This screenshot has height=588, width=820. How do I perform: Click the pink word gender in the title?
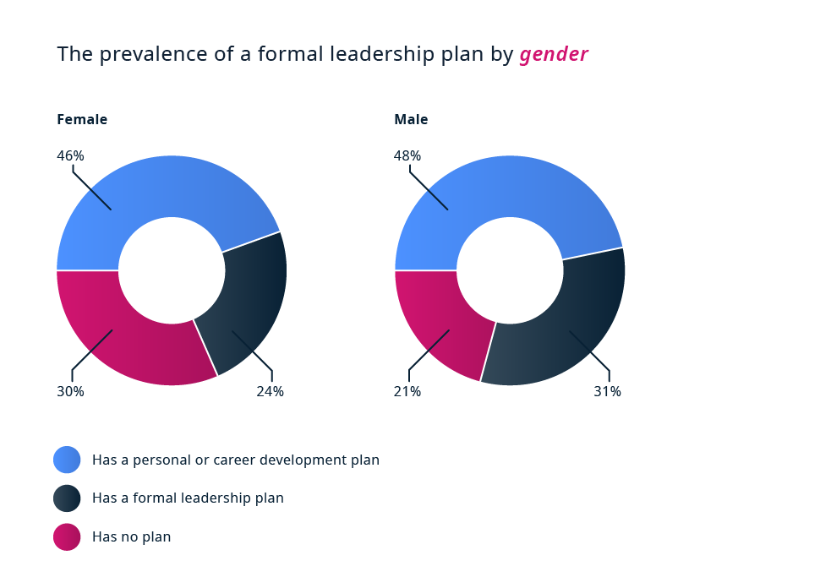[x=554, y=55]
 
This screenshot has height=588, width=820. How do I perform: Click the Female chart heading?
[x=82, y=120]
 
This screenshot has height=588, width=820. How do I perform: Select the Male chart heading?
[x=411, y=120]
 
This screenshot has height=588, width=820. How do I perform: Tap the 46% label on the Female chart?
[x=71, y=155]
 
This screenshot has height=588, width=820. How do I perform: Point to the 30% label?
[x=71, y=391]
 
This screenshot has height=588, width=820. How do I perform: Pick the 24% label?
[x=270, y=391]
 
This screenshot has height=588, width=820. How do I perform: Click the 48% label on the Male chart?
[x=407, y=155]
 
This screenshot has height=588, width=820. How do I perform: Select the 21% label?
[x=407, y=391]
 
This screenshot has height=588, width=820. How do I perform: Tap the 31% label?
[x=607, y=391]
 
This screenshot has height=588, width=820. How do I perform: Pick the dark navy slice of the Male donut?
[x=570, y=324]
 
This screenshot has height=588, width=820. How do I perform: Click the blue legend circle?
[x=67, y=460]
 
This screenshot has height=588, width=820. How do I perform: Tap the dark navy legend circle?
[x=67, y=498]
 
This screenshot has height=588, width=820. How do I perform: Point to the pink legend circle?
[x=67, y=536]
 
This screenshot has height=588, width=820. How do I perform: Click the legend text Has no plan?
[x=131, y=536]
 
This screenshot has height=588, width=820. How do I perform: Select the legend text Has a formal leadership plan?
[x=188, y=498]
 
